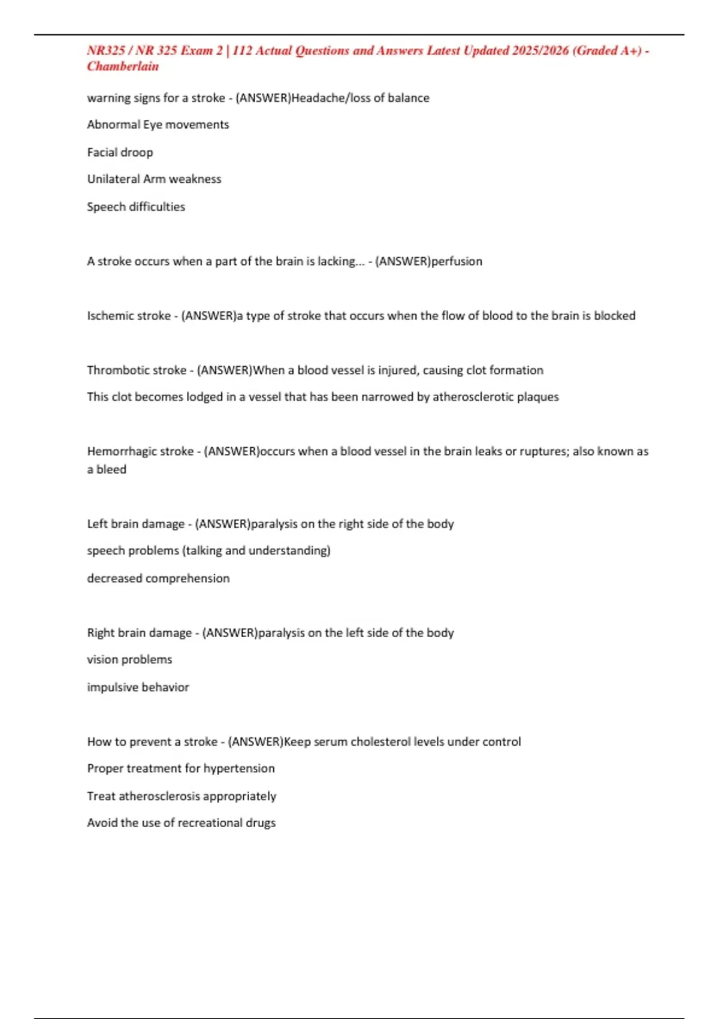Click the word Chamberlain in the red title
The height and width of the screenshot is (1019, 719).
pyautogui.click(x=123, y=67)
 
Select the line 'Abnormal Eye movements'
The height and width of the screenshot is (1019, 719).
pyautogui.click(x=158, y=125)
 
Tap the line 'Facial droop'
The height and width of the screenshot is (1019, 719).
pyautogui.click(x=120, y=152)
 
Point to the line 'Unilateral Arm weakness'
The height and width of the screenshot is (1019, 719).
pyautogui.click(x=154, y=179)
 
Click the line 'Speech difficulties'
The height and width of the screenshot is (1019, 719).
pyautogui.click(x=136, y=207)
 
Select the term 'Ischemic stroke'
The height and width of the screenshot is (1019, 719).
pyautogui.click(x=129, y=316)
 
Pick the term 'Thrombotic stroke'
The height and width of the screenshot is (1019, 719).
pyautogui.click(x=137, y=370)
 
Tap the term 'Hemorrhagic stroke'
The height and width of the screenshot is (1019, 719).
pyautogui.click(x=140, y=451)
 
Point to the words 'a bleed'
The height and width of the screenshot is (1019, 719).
pyautogui.click(x=107, y=469)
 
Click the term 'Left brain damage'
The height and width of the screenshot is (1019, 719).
pyautogui.click(x=136, y=524)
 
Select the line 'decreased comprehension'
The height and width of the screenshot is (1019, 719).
pyautogui.click(x=158, y=578)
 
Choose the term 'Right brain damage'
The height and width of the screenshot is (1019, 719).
pyautogui.click(x=140, y=633)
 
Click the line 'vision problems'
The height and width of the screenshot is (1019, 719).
pyautogui.click(x=129, y=659)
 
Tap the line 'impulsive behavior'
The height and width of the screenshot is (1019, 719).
pyautogui.click(x=138, y=688)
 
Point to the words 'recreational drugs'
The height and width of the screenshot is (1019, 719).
pyautogui.click(x=228, y=823)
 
